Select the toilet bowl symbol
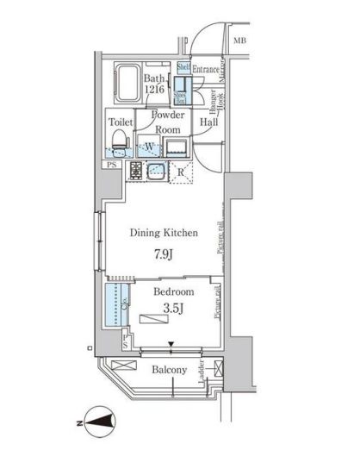(x=121, y=138)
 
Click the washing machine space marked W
(x=149, y=145)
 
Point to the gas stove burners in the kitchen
(x=136, y=172)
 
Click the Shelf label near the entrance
(x=183, y=67)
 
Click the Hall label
(x=208, y=122)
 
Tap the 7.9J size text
(x=164, y=255)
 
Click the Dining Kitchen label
(x=164, y=233)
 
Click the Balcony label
(x=170, y=371)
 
